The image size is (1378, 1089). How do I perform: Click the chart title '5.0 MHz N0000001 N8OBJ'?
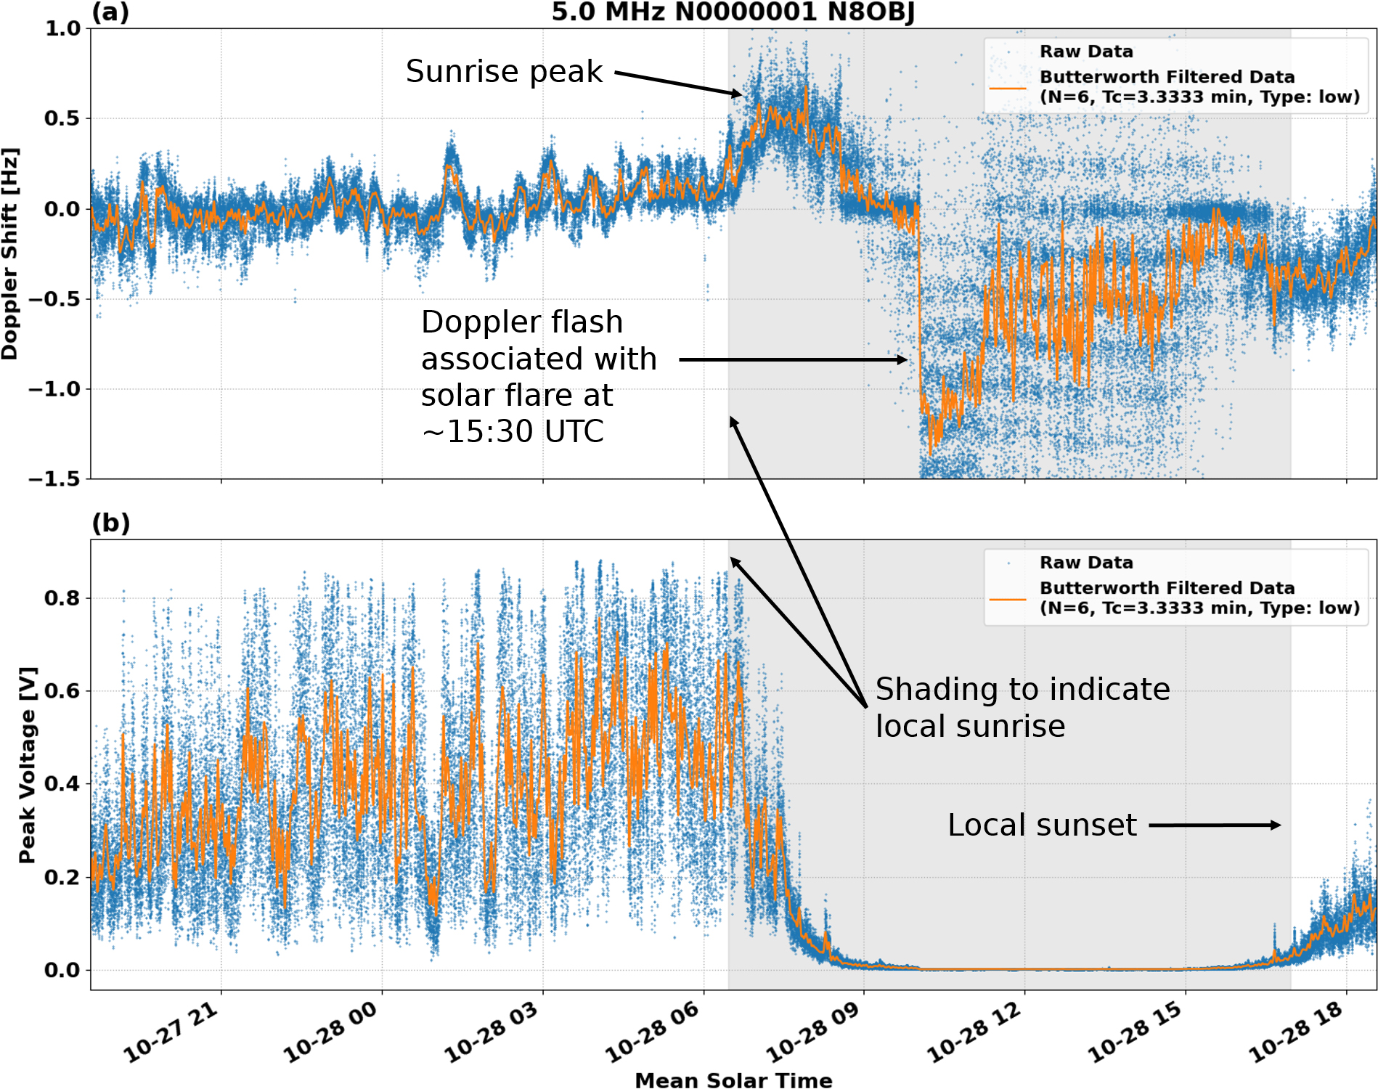(733, 12)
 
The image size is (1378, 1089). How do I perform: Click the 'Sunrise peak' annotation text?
(504, 71)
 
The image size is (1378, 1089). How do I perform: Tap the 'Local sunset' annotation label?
(1042, 825)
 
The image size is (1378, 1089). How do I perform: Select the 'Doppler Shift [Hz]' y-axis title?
(10, 254)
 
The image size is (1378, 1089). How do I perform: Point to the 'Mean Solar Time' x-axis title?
(733, 1080)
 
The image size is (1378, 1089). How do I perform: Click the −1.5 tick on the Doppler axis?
(54, 479)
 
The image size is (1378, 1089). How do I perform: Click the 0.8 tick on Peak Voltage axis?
(62, 598)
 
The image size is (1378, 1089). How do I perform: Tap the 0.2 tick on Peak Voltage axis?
(62, 877)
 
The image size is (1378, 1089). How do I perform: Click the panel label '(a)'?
(110, 12)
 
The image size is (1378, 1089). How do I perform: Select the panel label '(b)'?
(110, 523)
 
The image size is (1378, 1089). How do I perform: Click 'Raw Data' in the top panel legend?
(1086, 52)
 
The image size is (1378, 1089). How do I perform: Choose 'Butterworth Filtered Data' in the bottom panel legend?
(1167, 588)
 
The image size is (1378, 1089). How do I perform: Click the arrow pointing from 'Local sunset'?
(1214, 825)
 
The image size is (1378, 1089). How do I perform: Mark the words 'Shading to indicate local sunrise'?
(1022, 707)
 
